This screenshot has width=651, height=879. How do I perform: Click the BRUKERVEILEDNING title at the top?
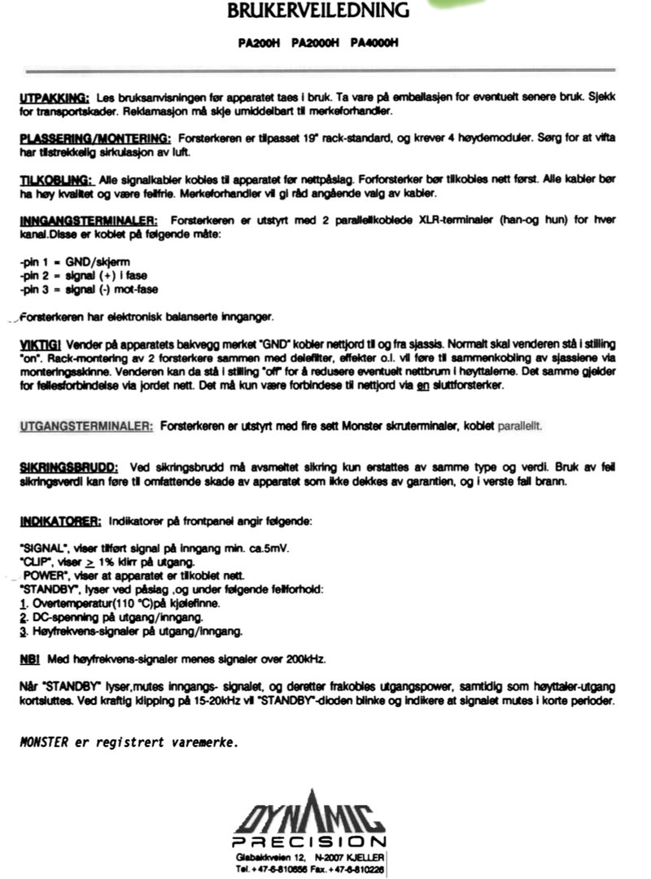318,11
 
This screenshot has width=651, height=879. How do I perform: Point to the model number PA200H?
259,43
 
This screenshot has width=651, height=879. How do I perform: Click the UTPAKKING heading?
54,98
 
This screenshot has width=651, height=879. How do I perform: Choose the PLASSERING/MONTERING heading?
94,138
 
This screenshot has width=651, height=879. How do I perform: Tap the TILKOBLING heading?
56,179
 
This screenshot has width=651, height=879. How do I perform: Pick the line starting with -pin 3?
81,290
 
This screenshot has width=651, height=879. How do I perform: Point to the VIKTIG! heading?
37,345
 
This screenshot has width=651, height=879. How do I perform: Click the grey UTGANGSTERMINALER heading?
86,426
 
